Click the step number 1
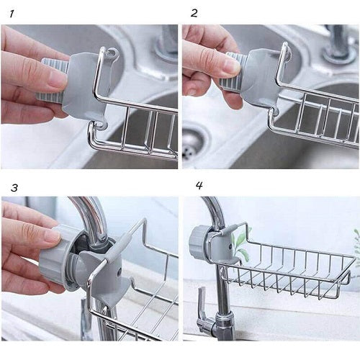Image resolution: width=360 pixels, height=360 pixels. pyautogui.click(x=12, y=14)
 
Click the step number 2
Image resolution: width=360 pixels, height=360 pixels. pyautogui.click(x=194, y=13)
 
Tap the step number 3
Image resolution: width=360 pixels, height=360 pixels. pyautogui.click(x=14, y=187)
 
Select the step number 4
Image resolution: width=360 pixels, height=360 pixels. pyautogui.click(x=199, y=185)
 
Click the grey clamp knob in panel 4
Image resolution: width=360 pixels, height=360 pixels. pyautogui.click(x=198, y=240)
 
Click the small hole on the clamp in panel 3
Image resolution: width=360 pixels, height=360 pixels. pyautogui.click(x=118, y=271)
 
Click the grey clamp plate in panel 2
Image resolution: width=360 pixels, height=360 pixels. pyautogui.click(x=261, y=77)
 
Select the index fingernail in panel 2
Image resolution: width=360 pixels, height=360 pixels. pyautogui.click(x=230, y=66)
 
